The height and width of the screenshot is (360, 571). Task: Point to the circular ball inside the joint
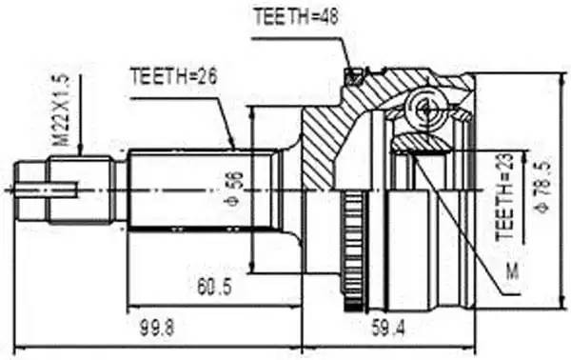(x=422, y=109)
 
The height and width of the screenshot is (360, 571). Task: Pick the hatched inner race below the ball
(x=423, y=144)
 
